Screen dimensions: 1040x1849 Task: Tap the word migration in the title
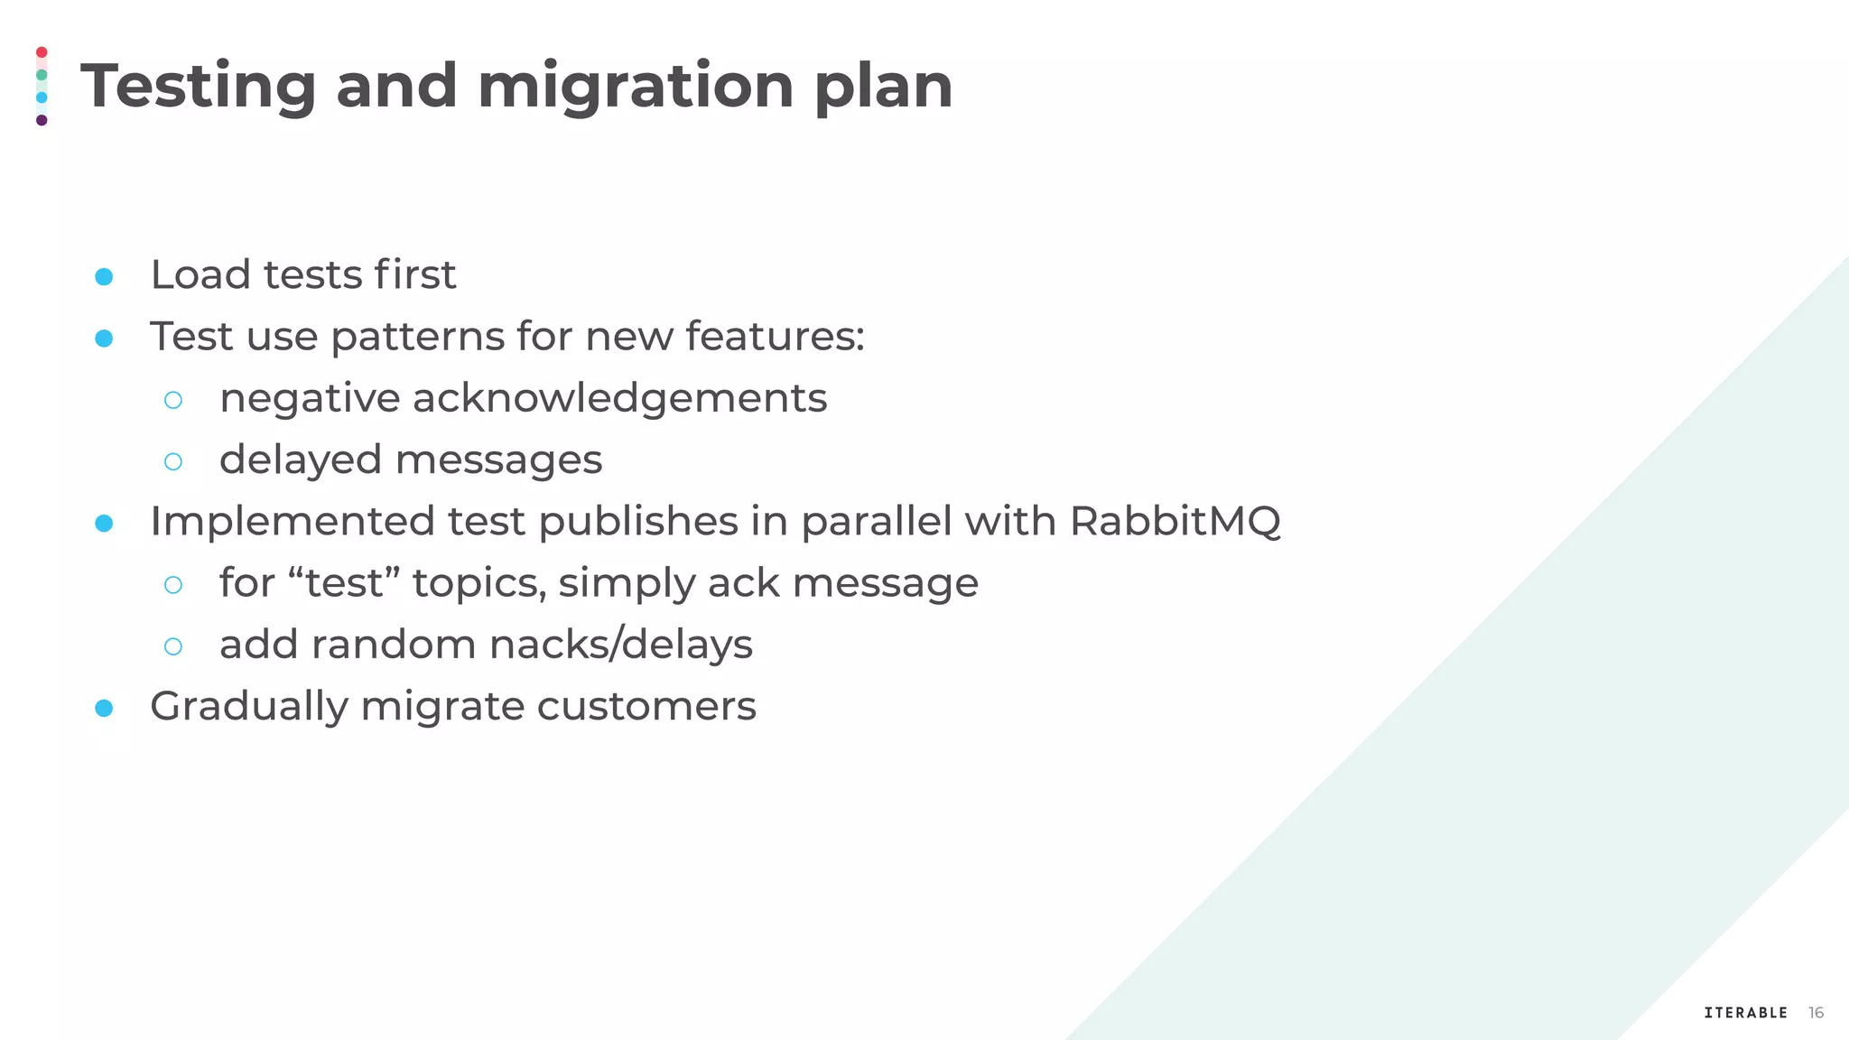[635, 87]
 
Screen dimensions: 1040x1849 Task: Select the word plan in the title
[883, 87]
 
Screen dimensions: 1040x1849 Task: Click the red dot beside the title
[42, 52]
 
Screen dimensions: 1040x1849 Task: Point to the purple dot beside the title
[42, 120]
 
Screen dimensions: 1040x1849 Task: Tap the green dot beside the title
[42, 75]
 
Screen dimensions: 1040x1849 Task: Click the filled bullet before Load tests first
[104, 276]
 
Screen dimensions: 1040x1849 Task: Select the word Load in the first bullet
[200, 274]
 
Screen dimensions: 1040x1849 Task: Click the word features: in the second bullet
[775, 336]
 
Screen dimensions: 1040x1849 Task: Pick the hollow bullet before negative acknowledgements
[173, 400]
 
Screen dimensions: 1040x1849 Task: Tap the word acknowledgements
[619, 398]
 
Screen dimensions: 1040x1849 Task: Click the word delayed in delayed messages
[301, 460]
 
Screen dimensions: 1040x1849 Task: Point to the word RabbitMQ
[1175, 521]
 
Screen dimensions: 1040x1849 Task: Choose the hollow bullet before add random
[173, 646]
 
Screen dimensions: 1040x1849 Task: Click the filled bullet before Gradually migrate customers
[104, 708]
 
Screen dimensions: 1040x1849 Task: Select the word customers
[646, 706]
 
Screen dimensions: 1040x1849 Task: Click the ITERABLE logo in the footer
[1745, 1013]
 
